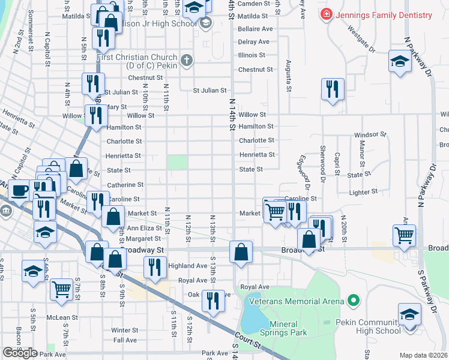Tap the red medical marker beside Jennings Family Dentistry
pyautogui.click(x=326, y=13)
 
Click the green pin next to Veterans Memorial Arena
pyautogui.click(x=354, y=301)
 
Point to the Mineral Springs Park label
pyautogui.click(x=288, y=328)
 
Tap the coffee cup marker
pyautogui.click(x=19, y=191)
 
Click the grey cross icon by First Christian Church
pyautogui.click(x=187, y=59)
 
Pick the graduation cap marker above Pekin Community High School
pyautogui.click(x=410, y=314)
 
